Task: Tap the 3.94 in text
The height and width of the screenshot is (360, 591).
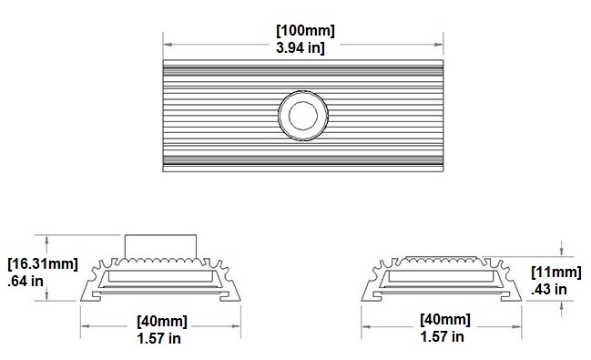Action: click(x=303, y=47)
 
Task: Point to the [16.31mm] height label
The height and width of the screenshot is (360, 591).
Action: click(x=42, y=263)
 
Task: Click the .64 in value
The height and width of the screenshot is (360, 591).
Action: click(x=26, y=281)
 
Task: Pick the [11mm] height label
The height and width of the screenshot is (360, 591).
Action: click(x=555, y=273)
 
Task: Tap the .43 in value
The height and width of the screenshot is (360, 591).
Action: click(x=549, y=290)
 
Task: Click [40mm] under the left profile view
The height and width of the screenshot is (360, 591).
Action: click(x=162, y=321)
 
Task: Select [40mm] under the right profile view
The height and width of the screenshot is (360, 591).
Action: click(x=445, y=321)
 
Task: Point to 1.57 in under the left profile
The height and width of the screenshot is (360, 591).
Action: click(x=162, y=338)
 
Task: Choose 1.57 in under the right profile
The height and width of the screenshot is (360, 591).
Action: click(x=445, y=338)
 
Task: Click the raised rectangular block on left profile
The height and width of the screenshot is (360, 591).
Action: click(x=161, y=246)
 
